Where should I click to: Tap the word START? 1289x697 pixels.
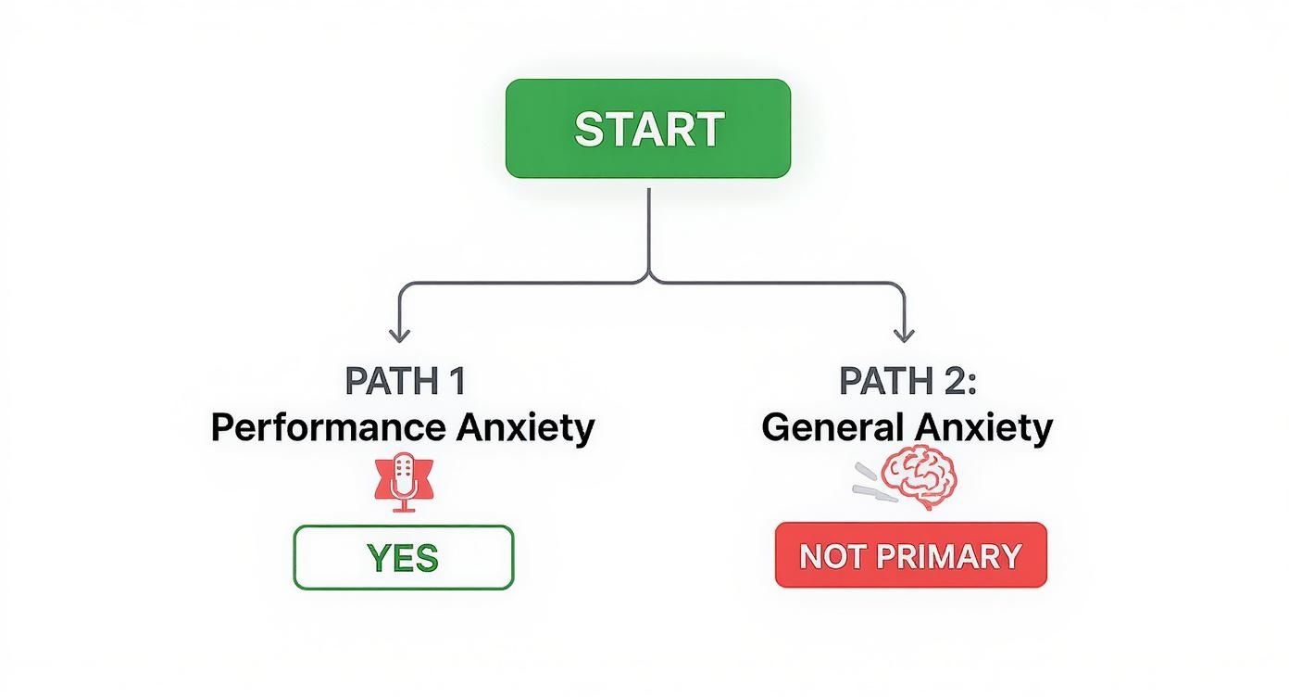point(648,129)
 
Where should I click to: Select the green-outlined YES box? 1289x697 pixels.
point(403,557)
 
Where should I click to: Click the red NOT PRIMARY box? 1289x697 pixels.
point(910,555)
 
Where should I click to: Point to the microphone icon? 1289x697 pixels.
point(403,480)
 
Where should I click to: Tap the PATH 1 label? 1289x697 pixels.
point(405,381)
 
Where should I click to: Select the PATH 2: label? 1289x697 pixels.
point(907,381)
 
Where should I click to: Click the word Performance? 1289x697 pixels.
point(328,428)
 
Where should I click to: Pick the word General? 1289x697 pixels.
point(832,428)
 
